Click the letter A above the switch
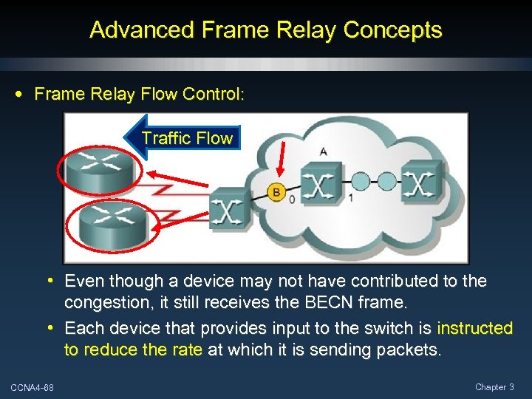(324, 151)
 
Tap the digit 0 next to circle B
(293, 200)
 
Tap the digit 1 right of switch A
(350, 199)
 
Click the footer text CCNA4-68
(32, 387)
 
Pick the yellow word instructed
(474, 327)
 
